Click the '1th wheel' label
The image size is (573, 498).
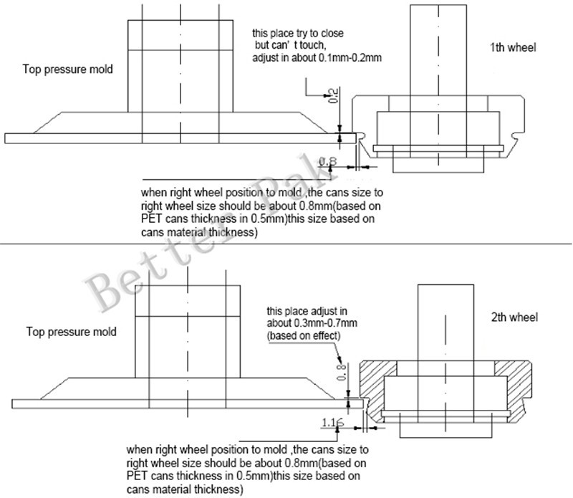point(513,47)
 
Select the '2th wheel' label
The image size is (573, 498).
point(514,317)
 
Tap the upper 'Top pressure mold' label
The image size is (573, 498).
point(67,69)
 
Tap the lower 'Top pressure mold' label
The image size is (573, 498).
point(71,332)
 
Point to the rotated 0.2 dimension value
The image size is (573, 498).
point(333,95)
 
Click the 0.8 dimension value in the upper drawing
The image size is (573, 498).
point(328,161)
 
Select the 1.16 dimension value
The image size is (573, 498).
point(332,422)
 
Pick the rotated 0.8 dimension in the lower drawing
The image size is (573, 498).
point(341,372)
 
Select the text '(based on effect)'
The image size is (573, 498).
point(304,335)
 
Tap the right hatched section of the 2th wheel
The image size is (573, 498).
point(514,388)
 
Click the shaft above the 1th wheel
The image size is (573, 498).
point(438,50)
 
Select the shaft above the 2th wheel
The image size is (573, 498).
point(446,323)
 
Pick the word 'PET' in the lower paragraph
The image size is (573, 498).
point(137,476)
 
